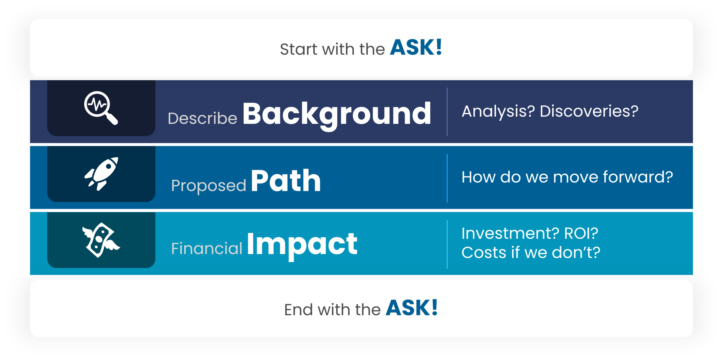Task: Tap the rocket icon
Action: pos(101,174)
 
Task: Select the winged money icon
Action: pos(101,240)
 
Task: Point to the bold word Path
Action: pos(286,181)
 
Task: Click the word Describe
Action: pos(202,118)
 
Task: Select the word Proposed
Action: pos(209,186)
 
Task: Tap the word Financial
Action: pos(207,248)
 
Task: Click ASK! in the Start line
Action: pos(416,47)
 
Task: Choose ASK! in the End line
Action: pos(412,308)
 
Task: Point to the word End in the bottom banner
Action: pos(299,310)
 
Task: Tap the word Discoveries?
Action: pos(589,111)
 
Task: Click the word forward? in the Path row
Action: pos(638,177)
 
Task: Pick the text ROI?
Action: pos(581,233)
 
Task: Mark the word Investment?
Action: pos(510,233)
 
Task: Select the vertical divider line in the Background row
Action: pos(447,112)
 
